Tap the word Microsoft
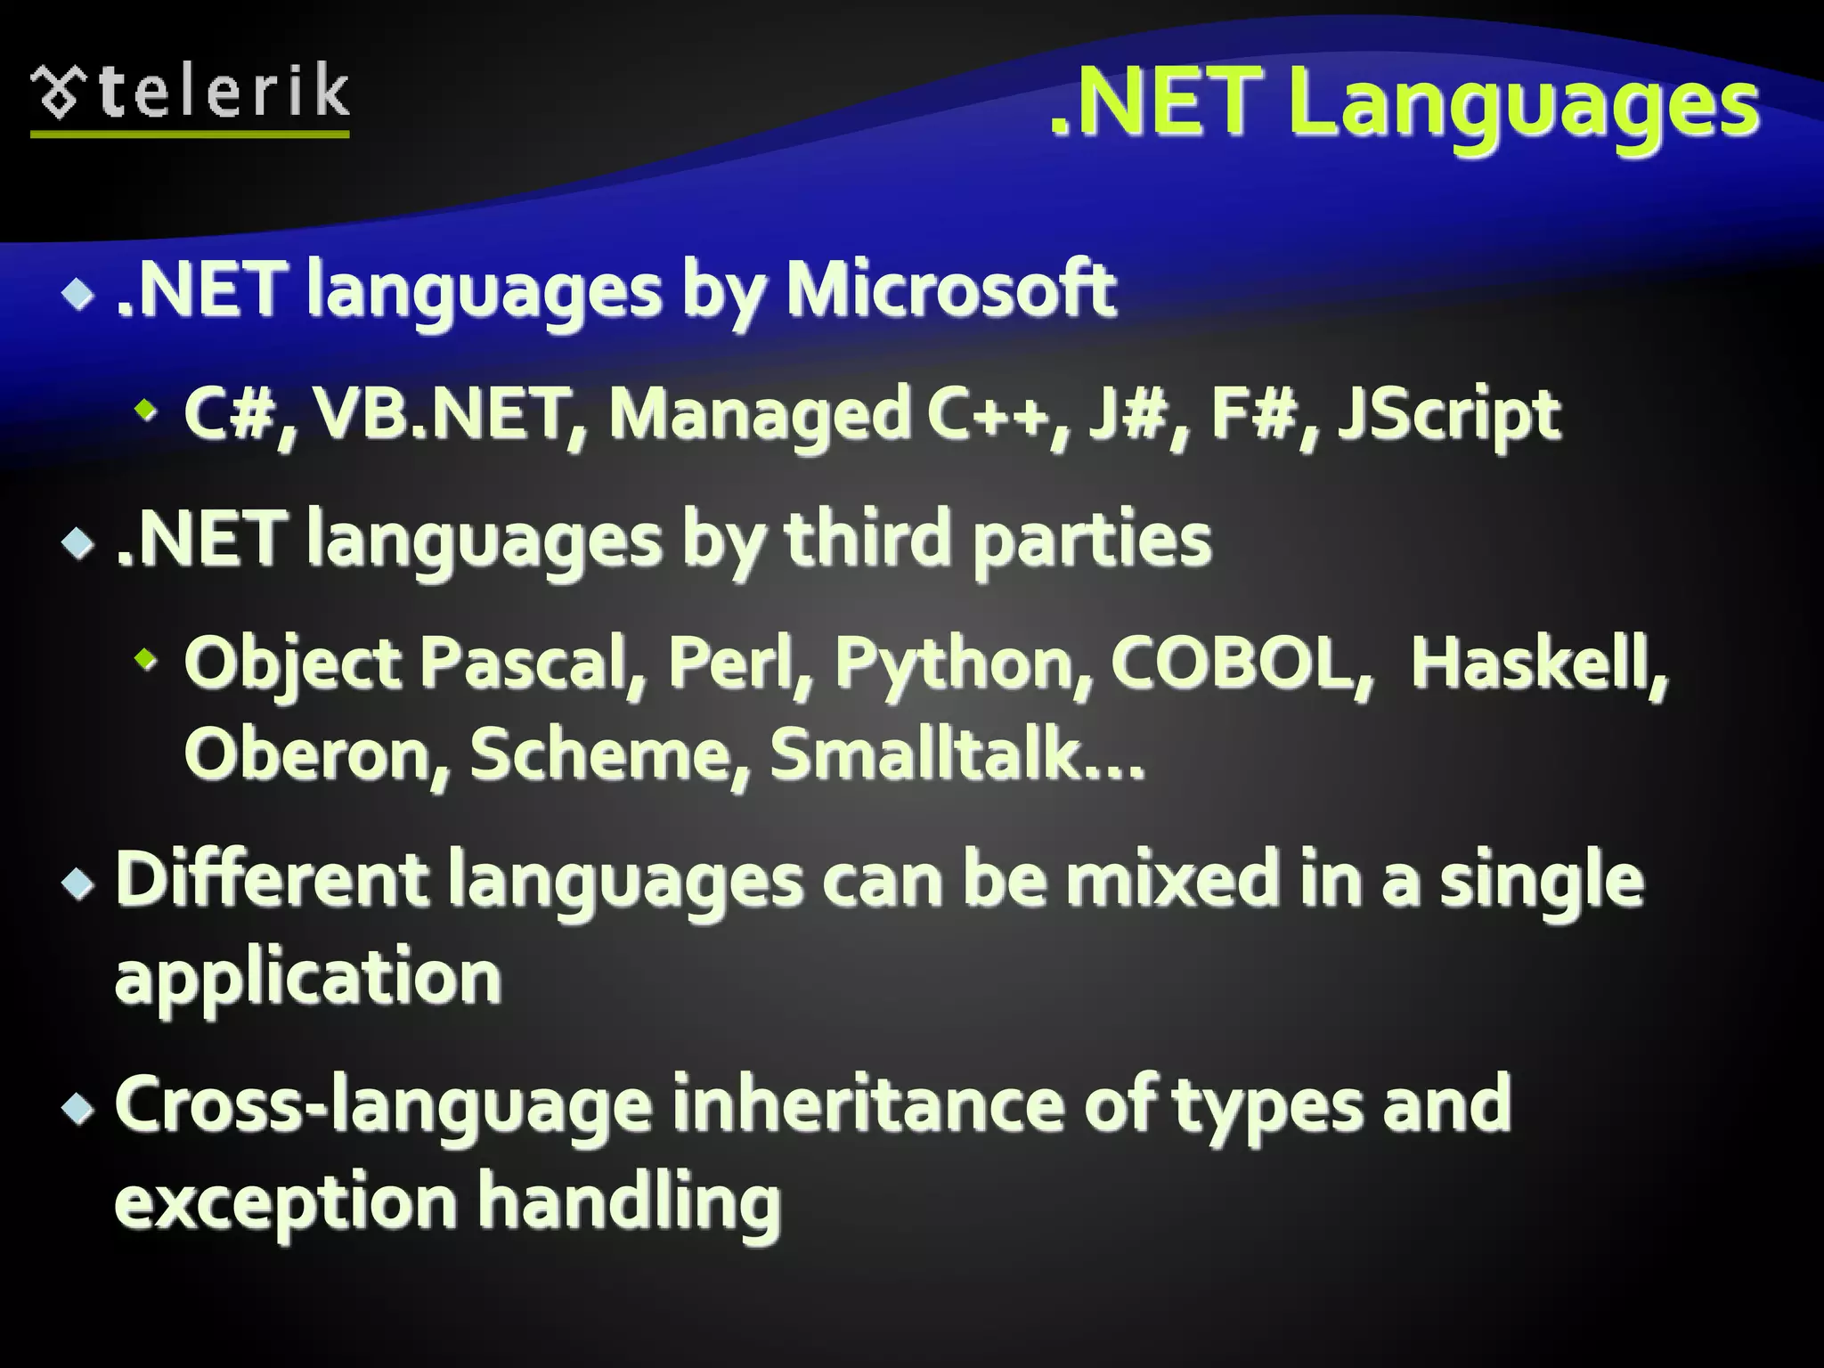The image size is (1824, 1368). (x=950, y=289)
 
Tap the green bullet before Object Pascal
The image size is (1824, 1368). (x=144, y=660)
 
